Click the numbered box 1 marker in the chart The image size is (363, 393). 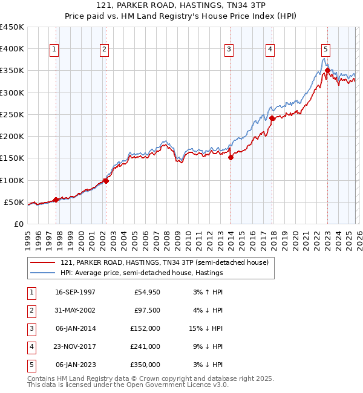54,50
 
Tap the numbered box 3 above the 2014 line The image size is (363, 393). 229,50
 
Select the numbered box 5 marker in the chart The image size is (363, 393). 325,50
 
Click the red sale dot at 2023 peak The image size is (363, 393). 327,70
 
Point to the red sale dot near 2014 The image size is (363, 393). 231,157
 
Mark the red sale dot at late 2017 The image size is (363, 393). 272,118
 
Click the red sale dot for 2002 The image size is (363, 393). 106,181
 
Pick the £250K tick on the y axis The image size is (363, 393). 12,114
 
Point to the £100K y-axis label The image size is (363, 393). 12,180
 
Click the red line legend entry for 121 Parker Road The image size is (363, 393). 168,262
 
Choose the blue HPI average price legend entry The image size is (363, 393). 142,273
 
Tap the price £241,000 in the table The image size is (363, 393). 146,346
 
